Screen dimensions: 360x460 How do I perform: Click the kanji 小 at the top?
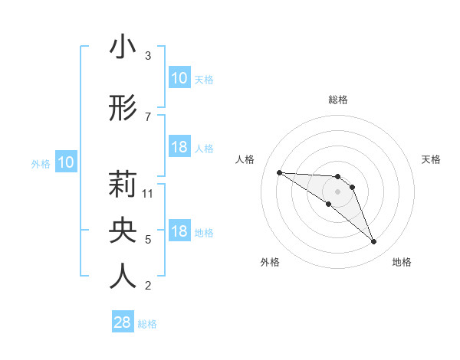[123, 47]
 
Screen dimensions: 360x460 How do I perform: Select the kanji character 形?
[123, 109]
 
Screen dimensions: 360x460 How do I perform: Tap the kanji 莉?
[123, 185]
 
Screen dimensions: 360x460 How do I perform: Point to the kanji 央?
[123, 230]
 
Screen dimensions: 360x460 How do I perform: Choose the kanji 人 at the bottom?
[123, 276]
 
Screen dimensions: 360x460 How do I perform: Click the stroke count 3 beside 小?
[148, 56]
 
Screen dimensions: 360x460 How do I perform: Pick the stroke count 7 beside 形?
[148, 116]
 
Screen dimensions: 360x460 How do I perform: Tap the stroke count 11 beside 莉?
[149, 193]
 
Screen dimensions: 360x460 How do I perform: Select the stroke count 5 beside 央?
[148, 239]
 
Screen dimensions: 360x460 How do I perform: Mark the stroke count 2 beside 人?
[148, 286]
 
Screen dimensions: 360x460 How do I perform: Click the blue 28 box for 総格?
[123, 322]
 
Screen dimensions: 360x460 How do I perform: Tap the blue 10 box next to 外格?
[66, 162]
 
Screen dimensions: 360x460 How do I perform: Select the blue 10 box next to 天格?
[179, 78]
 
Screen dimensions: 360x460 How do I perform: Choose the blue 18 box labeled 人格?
[179, 147]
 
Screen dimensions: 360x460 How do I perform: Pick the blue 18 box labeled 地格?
[179, 231]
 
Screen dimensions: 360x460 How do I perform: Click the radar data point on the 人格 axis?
[279, 172]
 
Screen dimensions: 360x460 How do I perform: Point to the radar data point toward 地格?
[373, 242]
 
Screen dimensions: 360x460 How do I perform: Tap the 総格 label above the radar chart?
[338, 100]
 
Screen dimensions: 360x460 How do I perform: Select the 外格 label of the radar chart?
[270, 262]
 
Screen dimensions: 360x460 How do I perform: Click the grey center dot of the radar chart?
[338, 191]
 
